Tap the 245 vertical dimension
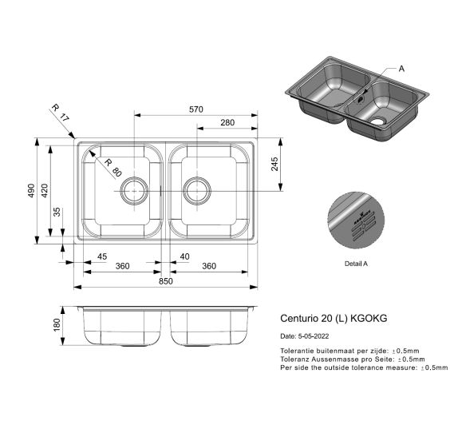(274, 165)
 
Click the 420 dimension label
(45, 191)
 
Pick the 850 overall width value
(165, 281)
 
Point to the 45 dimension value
(101, 256)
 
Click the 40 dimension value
(184, 256)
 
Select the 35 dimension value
(56, 212)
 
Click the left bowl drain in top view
(133, 190)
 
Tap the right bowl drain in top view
(195, 190)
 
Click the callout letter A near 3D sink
(401, 70)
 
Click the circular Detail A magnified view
(356, 220)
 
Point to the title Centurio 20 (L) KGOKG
(334, 317)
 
